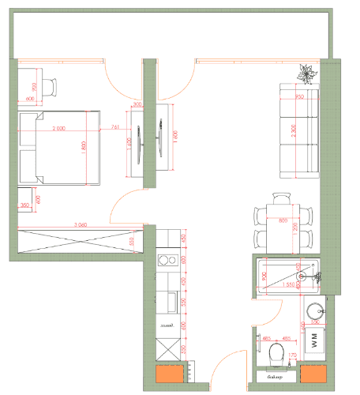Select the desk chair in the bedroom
click(x=50, y=86)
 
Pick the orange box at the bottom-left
click(x=168, y=375)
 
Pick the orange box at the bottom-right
click(x=313, y=374)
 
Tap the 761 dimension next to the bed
click(x=115, y=126)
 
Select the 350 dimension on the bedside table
click(x=25, y=205)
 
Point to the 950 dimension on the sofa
click(x=299, y=97)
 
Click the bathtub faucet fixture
click(x=317, y=276)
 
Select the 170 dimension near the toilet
click(x=292, y=358)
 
